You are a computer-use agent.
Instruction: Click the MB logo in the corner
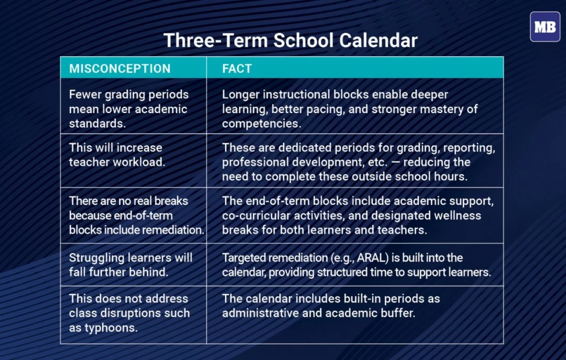pyautogui.click(x=545, y=27)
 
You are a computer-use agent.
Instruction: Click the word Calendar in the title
pyautogui.click(x=379, y=40)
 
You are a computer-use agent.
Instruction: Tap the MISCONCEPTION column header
pyautogui.click(x=120, y=68)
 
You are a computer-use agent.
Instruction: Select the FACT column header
pyautogui.click(x=237, y=68)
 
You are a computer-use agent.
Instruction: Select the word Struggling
pyautogui.click(x=97, y=258)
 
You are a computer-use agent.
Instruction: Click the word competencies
pyautogui.click(x=260, y=124)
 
